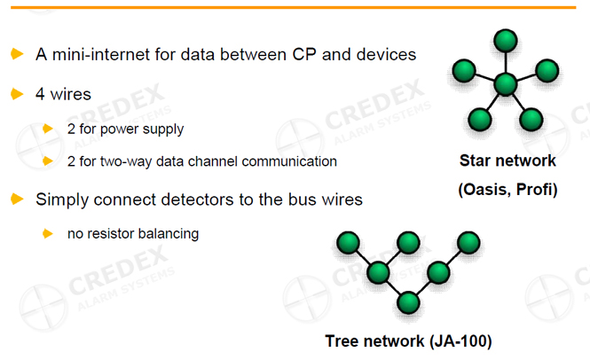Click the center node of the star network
506,84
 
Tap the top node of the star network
506,41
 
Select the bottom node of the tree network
407,302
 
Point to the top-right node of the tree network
468,242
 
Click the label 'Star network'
507,160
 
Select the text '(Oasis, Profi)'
507,189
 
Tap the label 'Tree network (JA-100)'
407,340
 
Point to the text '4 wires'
63,93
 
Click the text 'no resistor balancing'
132,234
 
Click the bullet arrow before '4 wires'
17,92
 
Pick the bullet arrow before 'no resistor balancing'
48,233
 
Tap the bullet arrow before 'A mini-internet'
17,54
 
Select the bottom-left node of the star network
480,118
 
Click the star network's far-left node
462,71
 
